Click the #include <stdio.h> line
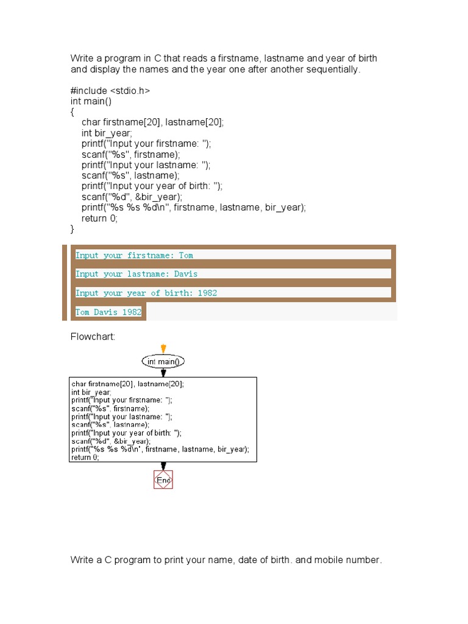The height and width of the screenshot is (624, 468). pyautogui.click(x=110, y=91)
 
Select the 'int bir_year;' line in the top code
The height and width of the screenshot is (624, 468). pyautogui.click(x=107, y=133)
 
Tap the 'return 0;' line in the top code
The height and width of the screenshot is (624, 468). pyautogui.click(x=99, y=218)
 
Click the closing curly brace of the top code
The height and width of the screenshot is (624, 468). pyautogui.click(x=73, y=229)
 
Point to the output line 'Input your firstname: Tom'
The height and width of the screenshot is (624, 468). pyautogui.click(x=134, y=255)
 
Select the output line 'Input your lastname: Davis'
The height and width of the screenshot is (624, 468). pyautogui.click(x=136, y=274)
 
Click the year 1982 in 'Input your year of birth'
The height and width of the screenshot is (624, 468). pyautogui.click(x=207, y=293)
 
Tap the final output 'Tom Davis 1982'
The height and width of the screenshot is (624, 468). pyautogui.click(x=108, y=312)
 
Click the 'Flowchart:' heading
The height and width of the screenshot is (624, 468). pyautogui.click(x=93, y=337)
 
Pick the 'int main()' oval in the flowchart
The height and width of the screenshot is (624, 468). pyautogui.click(x=163, y=361)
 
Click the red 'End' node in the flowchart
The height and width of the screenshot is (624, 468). pyautogui.click(x=163, y=480)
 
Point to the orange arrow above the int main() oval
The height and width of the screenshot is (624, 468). pyautogui.click(x=163, y=349)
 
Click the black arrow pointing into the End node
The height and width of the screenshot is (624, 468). pyautogui.click(x=163, y=466)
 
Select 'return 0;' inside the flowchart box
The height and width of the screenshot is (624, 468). pyautogui.click(x=85, y=458)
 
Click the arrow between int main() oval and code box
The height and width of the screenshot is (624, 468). pyautogui.click(x=163, y=372)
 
